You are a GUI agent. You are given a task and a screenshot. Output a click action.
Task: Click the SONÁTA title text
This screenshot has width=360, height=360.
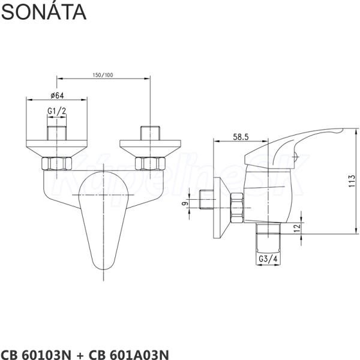(44, 12)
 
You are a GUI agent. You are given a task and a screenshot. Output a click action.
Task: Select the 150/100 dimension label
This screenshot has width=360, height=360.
(103, 75)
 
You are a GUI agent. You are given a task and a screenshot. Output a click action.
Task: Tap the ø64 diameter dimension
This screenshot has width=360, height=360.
(57, 95)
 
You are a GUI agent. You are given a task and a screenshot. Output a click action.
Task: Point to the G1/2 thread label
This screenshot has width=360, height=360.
(57, 111)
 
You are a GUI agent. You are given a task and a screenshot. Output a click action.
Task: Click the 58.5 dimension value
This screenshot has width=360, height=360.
(241, 137)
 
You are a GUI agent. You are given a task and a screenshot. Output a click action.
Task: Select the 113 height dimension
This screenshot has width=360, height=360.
(352, 181)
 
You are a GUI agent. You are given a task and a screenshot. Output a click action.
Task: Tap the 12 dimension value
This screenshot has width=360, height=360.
(297, 228)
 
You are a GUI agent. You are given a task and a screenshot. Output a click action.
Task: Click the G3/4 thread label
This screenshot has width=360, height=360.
(268, 259)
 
